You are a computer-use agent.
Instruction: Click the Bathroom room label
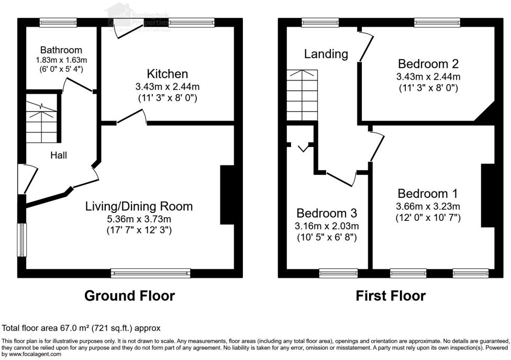61,50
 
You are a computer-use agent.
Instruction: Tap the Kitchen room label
167,74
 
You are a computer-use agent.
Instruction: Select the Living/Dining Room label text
139,206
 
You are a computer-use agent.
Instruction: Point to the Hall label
59,155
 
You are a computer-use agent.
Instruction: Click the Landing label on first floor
326,54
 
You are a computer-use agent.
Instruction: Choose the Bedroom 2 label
428,64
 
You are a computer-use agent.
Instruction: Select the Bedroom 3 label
327,213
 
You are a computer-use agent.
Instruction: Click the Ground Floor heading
129,296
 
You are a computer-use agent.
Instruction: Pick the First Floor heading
391,296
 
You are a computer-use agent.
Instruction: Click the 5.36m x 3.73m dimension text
139,219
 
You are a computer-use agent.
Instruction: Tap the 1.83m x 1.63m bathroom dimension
61,60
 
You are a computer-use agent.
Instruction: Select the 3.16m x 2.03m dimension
327,226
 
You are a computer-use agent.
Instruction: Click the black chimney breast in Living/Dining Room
227,195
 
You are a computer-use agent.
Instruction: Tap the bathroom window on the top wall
58,22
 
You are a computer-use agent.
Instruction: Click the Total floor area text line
81,328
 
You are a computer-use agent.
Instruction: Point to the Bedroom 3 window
339,273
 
